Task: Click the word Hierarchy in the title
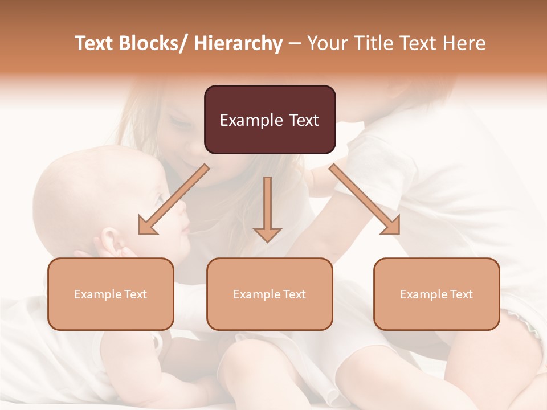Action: [x=238, y=44]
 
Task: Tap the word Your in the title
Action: [x=326, y=44]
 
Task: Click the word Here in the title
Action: [x=464, y=44]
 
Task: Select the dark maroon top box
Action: [x=270, y=120]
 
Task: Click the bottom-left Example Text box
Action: [x=111, y=294]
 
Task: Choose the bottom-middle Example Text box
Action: [x=270, y=294]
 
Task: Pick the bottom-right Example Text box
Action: [x=436, y=294]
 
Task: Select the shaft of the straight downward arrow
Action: [x=267, y=202]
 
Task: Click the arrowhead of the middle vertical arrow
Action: [x=267, y=234]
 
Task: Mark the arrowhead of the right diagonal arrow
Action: [x=391, y=225]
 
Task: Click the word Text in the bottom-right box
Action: [x=461, y=294]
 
